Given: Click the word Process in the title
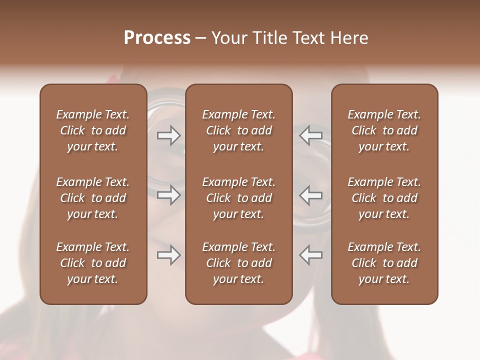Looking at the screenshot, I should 157,37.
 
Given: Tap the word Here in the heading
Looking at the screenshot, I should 349,37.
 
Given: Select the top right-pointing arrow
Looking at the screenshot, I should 169,135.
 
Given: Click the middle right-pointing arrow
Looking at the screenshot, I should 169,195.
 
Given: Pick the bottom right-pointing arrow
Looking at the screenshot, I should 169,255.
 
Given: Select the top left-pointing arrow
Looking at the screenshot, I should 311,135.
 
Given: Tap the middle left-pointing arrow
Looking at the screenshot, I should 311,195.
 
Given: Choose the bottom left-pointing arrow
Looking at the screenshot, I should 311,255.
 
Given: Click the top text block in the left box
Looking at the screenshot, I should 93,130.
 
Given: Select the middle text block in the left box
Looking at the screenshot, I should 93,198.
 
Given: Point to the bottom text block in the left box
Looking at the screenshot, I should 93,263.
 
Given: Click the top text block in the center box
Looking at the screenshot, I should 239,130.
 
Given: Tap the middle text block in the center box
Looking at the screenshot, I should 239,198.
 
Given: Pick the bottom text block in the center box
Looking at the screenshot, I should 239,263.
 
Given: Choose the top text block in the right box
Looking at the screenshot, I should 384,130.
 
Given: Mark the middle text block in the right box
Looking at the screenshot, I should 384,198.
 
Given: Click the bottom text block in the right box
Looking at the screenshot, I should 384,263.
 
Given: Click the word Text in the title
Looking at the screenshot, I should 308,37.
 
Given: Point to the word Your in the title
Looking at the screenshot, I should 229,37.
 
